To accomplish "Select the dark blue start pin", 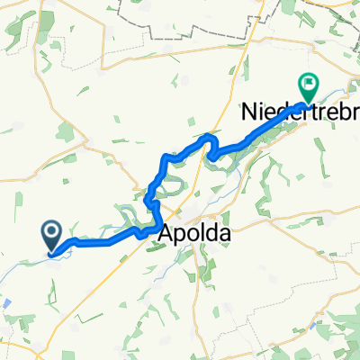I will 52,237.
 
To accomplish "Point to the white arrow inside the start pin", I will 52,234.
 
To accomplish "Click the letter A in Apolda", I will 168,233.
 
